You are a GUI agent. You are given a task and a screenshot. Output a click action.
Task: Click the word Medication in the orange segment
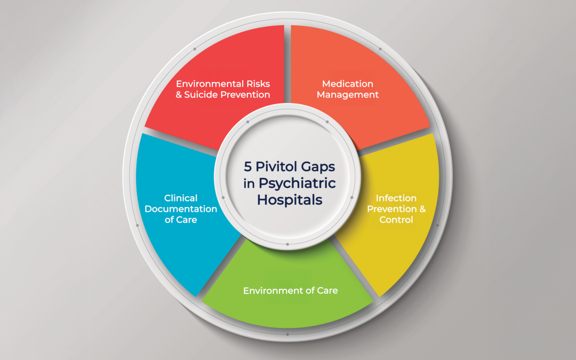pos(348,84)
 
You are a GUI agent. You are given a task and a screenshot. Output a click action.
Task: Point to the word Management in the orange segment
pos(348,95)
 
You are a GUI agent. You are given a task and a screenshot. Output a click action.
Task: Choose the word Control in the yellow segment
pos(396,220)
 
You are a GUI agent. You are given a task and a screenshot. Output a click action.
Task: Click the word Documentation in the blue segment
pos(181,209)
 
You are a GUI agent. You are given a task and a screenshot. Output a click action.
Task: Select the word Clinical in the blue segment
pos(181,198)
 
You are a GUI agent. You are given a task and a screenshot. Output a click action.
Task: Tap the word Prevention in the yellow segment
pos(391,209)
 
